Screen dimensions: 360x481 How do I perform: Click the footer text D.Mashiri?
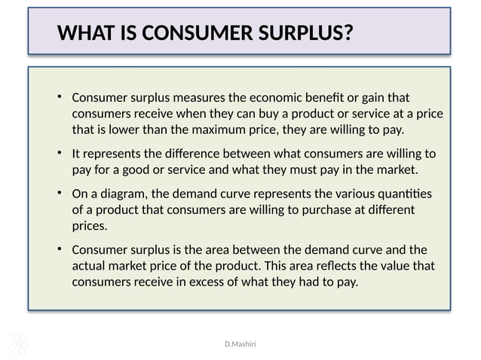pyautogui.click(x=240, y=343)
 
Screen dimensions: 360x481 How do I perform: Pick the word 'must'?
pyautogui.click(x=311, y=169)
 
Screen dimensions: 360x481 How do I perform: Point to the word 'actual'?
pyautogui.click(x=90, y=266)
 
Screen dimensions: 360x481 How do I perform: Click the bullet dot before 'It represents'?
pyautogui.click(x=59, y=153)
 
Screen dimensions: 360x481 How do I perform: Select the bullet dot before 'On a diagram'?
pyautogui.click(x=59, y=194)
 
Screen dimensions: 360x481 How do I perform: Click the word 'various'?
pyautogui.click(x=327, y=194)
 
